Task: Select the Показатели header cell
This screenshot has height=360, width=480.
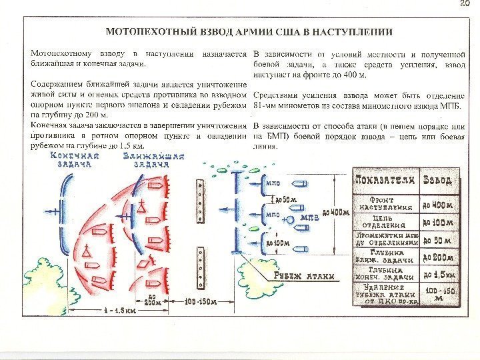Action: [x=386, y=180]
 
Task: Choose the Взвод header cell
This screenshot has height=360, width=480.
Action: [x=437, y=180]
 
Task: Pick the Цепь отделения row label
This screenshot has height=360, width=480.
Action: [x=386, y=221]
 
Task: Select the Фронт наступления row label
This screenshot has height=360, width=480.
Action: [x=386, y=203]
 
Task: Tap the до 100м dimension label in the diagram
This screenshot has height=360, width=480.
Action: [x=279, y=243]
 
